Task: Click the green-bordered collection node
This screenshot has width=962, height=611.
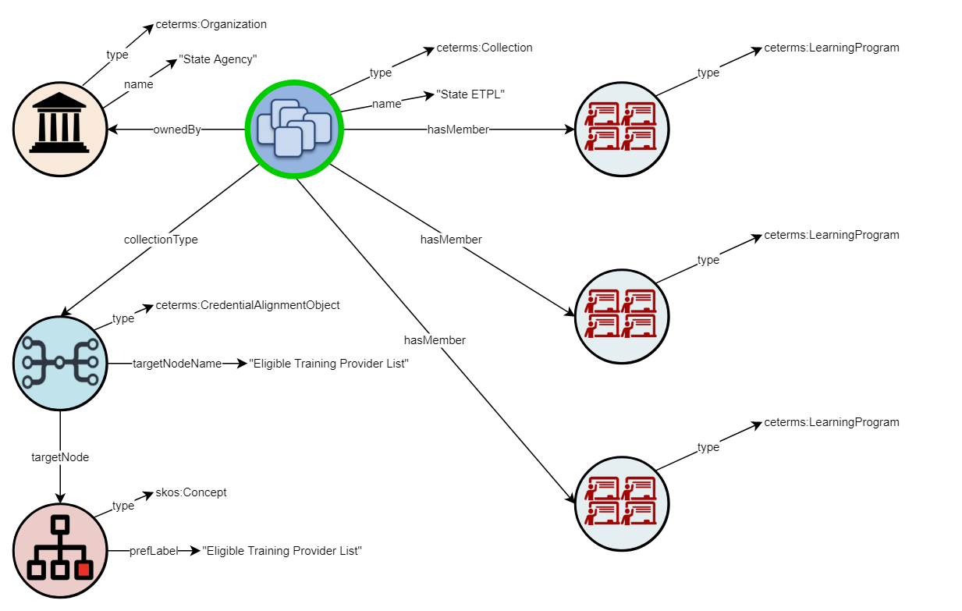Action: point(294,129)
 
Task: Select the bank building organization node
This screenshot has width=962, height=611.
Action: point(60,129)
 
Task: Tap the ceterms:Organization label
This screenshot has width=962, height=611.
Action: point(211,24)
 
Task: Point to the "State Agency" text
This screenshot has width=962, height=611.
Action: point(218,59)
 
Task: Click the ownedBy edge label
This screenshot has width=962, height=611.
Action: point(177,130)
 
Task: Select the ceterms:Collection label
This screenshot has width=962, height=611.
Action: point(485,48)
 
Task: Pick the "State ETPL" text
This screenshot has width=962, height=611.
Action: point(470,94)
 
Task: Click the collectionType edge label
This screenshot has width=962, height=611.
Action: point(161,240)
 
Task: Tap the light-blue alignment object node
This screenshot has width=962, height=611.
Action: point(60,363)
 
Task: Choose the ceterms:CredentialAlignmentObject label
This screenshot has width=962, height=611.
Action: point(247,305)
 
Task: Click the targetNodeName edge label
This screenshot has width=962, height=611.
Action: point(177,364)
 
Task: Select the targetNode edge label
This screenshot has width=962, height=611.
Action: point(60,457)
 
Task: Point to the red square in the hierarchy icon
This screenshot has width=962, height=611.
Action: point(83,570)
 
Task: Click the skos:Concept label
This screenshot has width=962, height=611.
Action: point(191,492)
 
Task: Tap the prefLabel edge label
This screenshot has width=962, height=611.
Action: point(154,551)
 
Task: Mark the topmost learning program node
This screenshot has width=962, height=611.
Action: point(622,129)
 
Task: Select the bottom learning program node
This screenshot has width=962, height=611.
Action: point(622,503)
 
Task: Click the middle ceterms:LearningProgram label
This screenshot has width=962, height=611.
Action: point(832,235)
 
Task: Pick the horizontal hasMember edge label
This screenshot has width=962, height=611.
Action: point(458,130)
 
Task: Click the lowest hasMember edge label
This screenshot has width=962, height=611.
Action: point(435,340)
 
